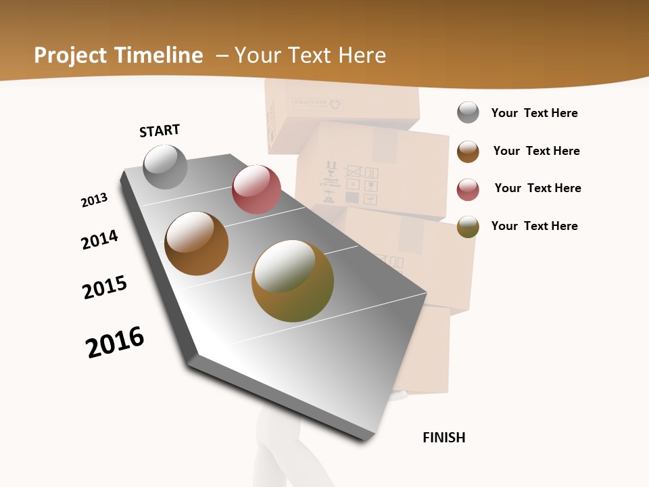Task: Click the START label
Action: point(160,131)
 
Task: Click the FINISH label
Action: point(444,438)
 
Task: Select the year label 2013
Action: point(94,200)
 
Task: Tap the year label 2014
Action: point(100,239)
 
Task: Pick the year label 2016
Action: point(115,342)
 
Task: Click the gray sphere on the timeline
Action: point(166,166)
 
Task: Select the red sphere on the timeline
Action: point(256,189)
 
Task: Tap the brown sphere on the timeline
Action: point(196,243)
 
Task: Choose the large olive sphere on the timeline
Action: point(293,281)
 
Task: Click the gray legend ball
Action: point(468,112)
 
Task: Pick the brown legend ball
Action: point(468,152)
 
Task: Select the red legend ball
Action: point(468,189)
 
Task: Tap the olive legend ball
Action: point(468,227)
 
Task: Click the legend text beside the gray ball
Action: point(534,113)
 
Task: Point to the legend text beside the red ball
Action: point(537,188)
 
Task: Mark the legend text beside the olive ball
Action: point(534,226)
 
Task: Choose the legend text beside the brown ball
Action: point(536,151)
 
